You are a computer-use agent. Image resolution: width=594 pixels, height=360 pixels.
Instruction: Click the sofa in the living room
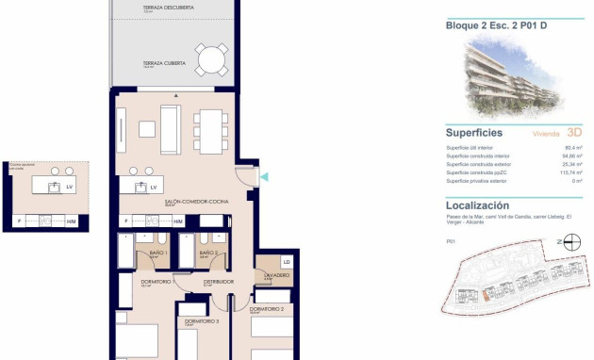click(171, 129)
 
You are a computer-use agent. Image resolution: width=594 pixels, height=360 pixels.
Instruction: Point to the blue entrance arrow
click(263, 176)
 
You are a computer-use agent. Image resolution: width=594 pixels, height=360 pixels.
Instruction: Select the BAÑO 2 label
click(208, 253)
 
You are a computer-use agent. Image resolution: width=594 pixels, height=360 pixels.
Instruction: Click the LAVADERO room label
click(276, 275)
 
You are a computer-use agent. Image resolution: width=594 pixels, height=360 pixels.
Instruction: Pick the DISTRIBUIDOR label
click(218, 281)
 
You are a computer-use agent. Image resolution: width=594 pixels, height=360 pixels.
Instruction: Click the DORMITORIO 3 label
click(202, 322)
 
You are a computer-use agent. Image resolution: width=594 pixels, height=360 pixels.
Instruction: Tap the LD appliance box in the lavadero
click(286, 261)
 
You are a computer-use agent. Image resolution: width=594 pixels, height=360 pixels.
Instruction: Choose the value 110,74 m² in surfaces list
click(571, 172)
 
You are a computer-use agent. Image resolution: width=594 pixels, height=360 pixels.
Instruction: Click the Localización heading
click(477, 205)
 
